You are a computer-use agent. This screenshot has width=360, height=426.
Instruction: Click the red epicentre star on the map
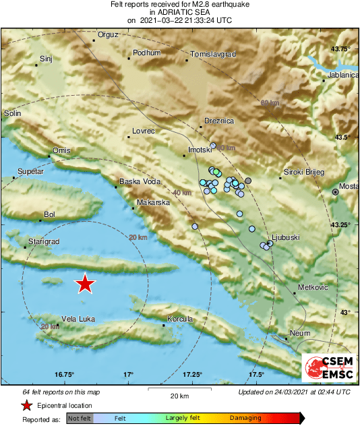tap(84, 284)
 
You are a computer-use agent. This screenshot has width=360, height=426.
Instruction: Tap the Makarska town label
tap(150, 202)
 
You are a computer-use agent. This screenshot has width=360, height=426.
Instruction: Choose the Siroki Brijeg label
tap(303, 172)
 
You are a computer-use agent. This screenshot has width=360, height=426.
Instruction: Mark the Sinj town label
tap(46, 59)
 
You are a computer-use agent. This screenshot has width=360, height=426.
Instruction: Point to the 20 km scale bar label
tap(178, 395)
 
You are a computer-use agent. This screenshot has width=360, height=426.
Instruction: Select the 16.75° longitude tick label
tap(64, 374)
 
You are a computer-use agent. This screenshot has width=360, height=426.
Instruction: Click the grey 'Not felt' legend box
tap(79, 419)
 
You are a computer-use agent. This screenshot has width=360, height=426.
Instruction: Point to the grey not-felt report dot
tap(248, 181)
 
